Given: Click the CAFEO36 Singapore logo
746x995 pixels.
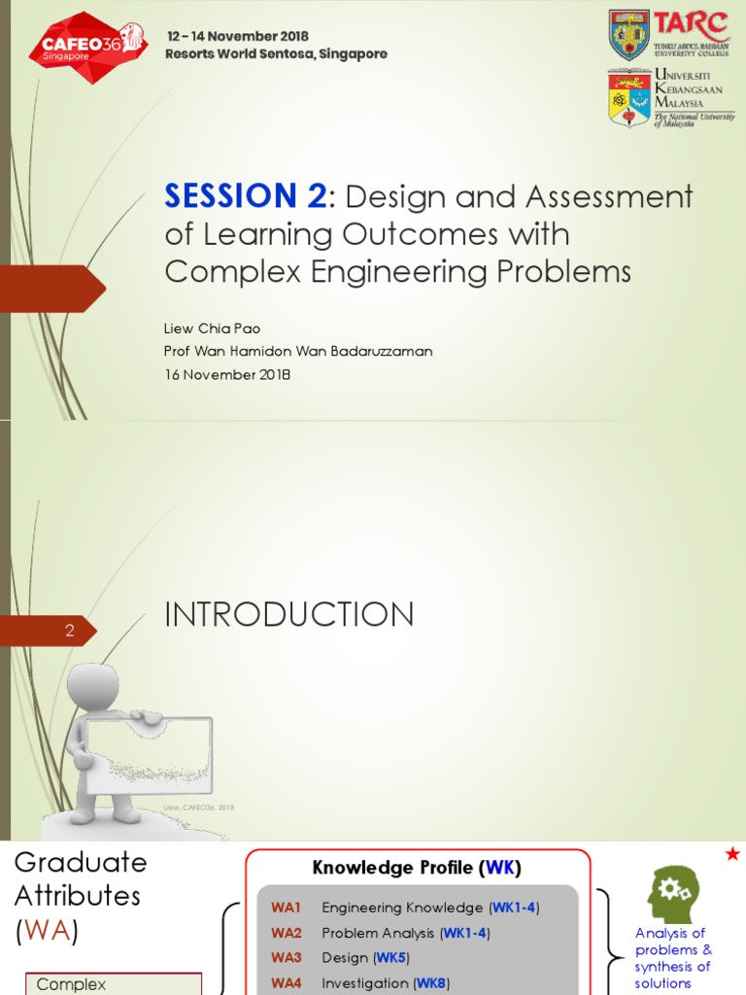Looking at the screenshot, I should click(x=86, y=46).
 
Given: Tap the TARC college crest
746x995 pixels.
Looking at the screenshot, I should click(x=628, y=35).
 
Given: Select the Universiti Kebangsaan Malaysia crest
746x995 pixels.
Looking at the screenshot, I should click(x=628, y=98).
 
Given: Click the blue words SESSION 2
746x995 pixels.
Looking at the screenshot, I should click(x=246, y=197).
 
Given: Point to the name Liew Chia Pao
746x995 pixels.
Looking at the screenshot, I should click(x=212, y=328).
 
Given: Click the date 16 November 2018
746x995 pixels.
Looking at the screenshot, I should click(x=227, y=375).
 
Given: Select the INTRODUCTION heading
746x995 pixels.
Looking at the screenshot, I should click(x=289, y=614).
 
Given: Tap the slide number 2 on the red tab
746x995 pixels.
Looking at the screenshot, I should click(x=70, y=632).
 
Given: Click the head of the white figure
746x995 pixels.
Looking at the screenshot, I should click(x=93, y=687).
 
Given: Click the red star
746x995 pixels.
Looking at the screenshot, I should click(x=732, y=854).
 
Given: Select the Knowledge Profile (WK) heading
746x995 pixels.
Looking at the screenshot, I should click(x=417, y=868).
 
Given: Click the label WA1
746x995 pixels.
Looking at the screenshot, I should click(x=287, y=908).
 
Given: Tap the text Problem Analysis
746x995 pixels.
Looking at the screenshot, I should click(x=378, y=933).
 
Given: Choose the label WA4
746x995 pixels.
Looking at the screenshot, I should click(x=287, y=983).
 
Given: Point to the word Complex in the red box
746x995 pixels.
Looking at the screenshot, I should click(x=71, y=984).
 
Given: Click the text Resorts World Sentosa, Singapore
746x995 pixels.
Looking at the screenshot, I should click(x=276, y=54).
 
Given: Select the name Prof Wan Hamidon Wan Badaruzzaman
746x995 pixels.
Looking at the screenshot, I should click(x=298, y=352).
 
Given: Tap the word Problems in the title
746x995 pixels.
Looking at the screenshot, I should click(x=564, y=272).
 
